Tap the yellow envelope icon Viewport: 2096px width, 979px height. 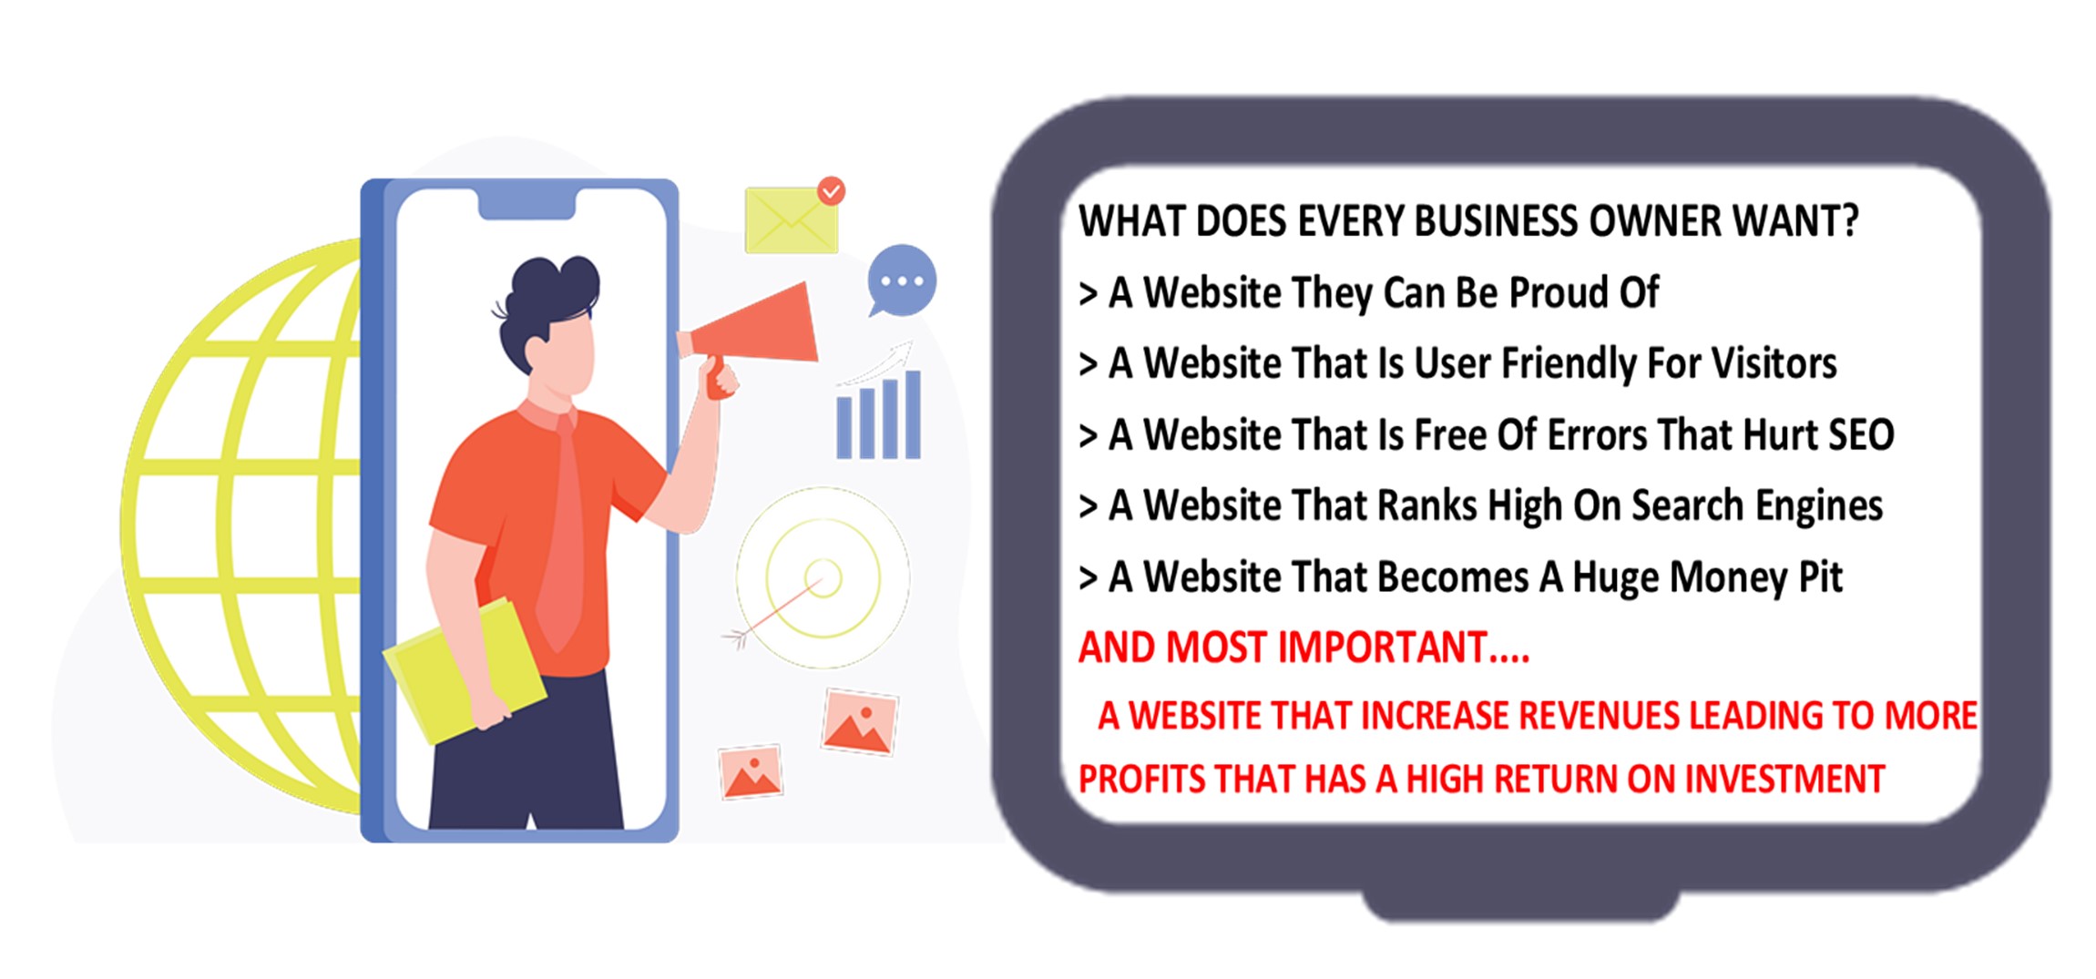(x=791, y=220)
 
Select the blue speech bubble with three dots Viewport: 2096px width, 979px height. (x=901, y=280)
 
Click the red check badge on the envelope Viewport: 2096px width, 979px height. (x=831, y=190)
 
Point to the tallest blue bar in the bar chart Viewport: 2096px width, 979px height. (x=913, y=413)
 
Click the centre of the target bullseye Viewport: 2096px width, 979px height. (x=823, y=577)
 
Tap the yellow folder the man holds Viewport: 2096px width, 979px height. (x=465, y=669)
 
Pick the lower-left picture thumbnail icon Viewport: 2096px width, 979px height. (x=751, y=772)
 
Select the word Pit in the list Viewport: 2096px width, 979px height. (x=1820, y=577)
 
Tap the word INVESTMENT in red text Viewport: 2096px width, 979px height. (x=1784, y=780)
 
